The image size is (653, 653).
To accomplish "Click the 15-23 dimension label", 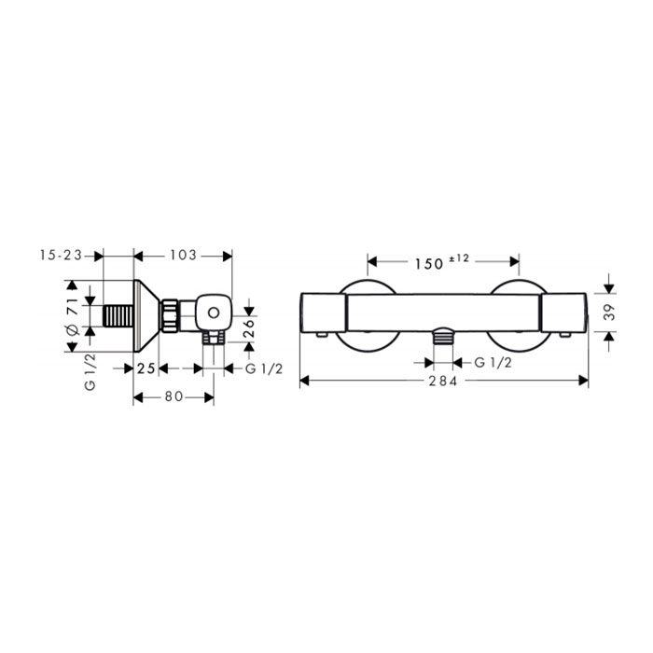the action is [x=61, y=256].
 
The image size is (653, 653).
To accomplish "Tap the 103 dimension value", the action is [x=183, y=255].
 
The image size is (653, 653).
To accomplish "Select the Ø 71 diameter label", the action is [x=72, y=315].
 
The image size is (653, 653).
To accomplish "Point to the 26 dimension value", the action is [x=248, y=328].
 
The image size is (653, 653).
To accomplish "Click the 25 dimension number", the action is [x=146, y=368].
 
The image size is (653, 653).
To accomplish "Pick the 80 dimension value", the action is [x=174, y=396].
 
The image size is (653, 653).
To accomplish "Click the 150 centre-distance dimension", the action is [x=429, y=264].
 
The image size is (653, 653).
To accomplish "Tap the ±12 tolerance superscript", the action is [x=459, y=258].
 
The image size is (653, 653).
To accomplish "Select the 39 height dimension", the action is [x=609, y=312].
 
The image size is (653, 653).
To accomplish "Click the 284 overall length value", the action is [x=443, y=381].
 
